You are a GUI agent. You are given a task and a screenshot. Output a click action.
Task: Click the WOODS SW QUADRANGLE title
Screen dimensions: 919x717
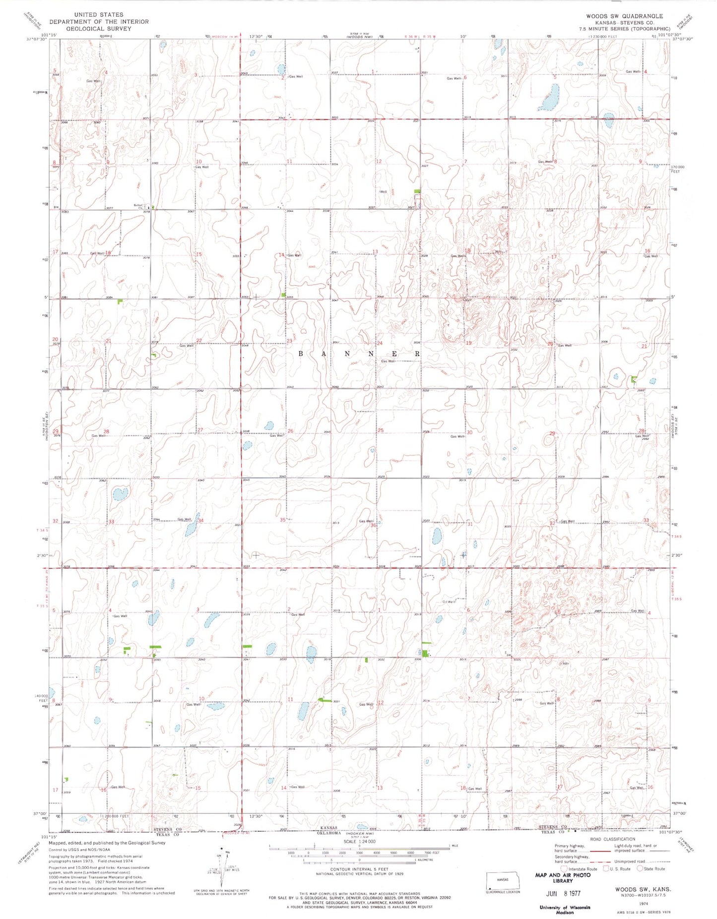coord(624,16)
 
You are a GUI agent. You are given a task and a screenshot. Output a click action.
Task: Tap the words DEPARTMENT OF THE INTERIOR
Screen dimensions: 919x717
coord(99,22)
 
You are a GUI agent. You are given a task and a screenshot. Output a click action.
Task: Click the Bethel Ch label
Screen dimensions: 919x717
coord(138,206)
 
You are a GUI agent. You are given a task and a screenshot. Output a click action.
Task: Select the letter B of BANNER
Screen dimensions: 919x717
coord(301,354)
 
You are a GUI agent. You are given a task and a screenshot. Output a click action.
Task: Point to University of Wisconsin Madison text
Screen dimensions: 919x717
coord(565,909)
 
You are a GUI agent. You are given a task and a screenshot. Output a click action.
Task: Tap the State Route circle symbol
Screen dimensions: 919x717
coord(640,868)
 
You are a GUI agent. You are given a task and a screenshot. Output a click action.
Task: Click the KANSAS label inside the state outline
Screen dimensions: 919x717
coord(503,879)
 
